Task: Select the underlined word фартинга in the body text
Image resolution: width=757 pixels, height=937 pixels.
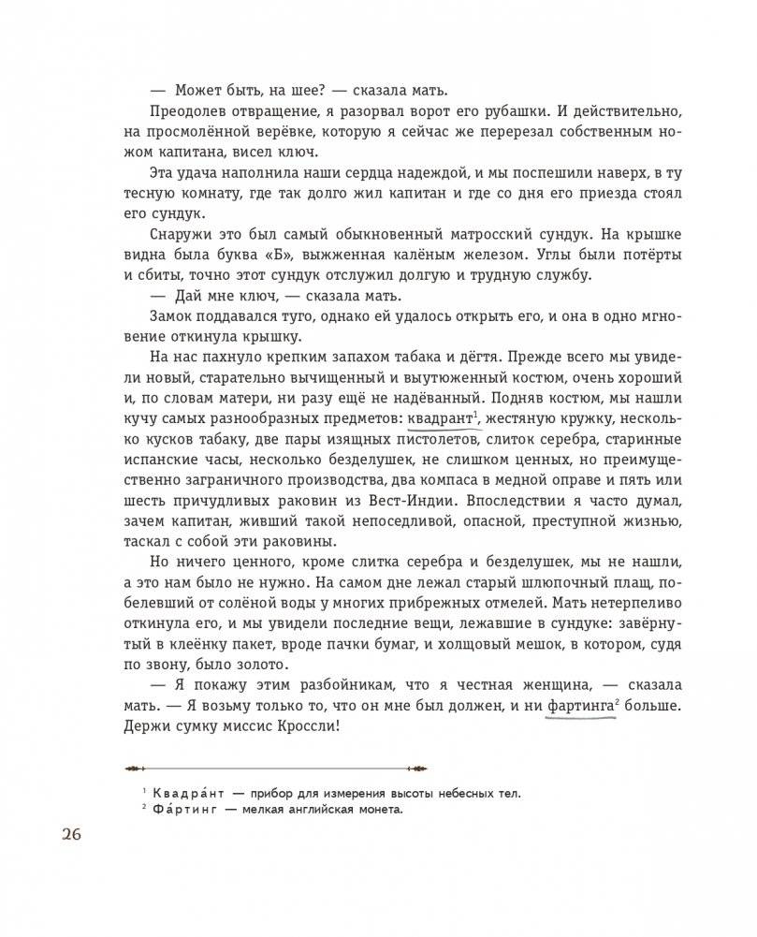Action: click(575, 711)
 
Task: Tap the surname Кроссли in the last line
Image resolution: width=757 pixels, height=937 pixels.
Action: click(307, 736)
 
